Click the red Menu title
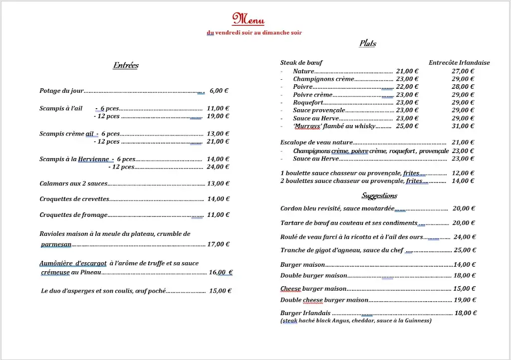click(248, 19)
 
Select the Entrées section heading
click(126, 65)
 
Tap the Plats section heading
click(368, 44)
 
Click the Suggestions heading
click(379, 195)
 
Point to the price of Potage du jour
click(219, 91)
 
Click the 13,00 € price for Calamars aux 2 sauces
click(218, 183)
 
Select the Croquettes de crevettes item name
click(74, 199)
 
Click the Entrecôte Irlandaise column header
click(459, 63)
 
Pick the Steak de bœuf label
click(301, 63)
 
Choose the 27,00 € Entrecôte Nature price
click(463, 71)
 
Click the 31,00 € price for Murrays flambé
click(463, 126)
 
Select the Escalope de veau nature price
click(463, 143)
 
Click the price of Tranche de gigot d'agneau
click(465, 250)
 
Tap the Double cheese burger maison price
click(465, 300)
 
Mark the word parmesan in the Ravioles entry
click(56, 244)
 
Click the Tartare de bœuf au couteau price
click(464, 223)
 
